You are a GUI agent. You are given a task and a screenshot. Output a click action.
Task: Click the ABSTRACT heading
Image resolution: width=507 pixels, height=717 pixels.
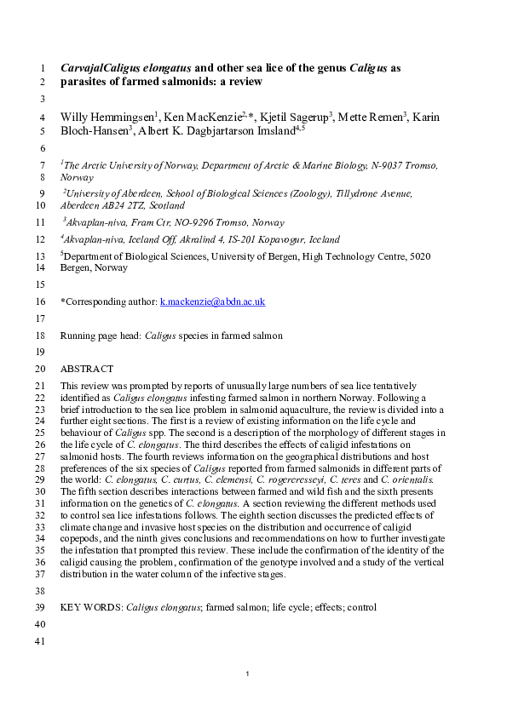coord(87,369)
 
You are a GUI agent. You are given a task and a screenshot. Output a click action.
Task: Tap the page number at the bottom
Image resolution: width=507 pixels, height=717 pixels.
coord(246,674)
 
